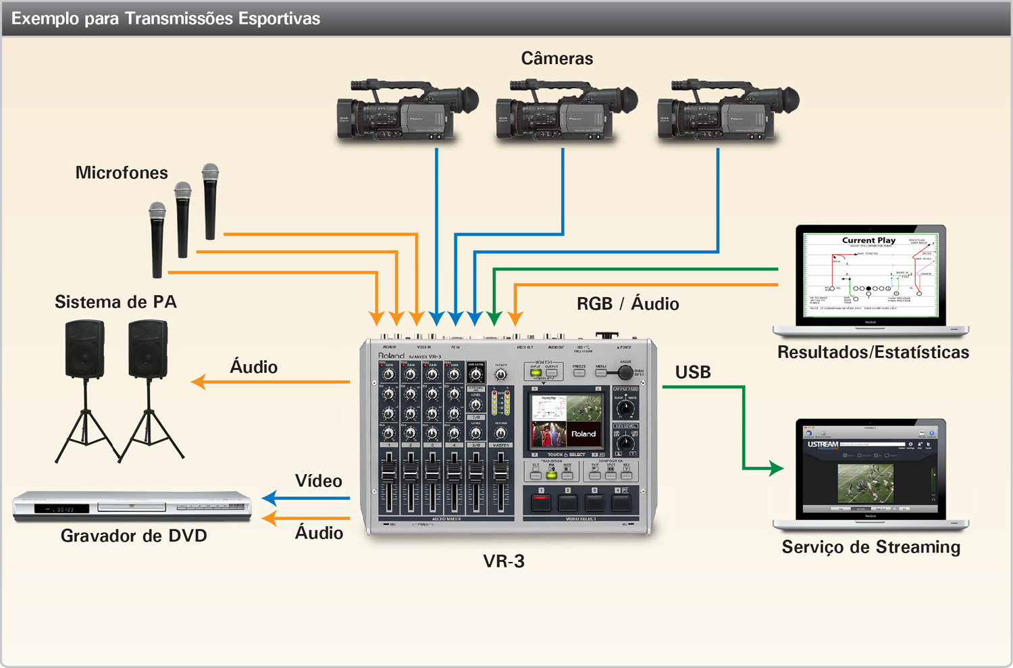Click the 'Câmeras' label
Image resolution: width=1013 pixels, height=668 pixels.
coord(556,59)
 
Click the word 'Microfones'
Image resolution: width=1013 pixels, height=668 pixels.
coord(122,173)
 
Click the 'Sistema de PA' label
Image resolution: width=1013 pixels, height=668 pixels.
coord(115,302)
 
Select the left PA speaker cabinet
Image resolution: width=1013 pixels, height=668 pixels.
coord(85,349)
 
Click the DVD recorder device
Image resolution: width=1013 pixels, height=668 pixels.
coord(132,506)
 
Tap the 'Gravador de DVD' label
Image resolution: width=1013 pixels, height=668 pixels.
coord(134,536)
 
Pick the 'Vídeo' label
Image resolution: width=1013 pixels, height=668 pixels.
coord(318,481)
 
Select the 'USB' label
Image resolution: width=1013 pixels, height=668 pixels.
coord(693,372)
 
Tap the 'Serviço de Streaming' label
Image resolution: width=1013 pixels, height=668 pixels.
coord(871,547)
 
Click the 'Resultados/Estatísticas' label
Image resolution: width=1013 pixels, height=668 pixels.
coord(873,353)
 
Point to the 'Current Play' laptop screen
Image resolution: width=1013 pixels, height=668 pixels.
coord(871,276)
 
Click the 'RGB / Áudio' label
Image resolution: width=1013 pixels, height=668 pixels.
coord(627,304)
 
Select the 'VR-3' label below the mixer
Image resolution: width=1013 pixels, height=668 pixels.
coord(504,561)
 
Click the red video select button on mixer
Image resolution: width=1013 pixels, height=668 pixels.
coord(541,502)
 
